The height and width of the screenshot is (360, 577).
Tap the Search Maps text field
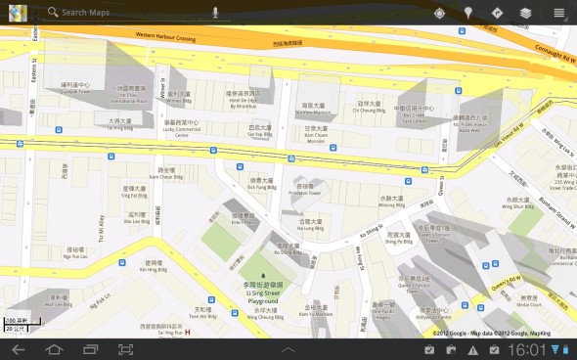point(127,13)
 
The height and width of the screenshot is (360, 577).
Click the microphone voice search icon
point(215,13)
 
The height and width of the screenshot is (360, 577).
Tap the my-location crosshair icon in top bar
point(439,13)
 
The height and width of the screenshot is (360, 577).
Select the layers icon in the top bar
point(525,13)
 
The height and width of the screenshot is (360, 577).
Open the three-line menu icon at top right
point(558,13)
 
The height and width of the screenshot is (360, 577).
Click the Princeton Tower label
point(305,193)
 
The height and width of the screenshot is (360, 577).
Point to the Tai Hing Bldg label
point(119,127)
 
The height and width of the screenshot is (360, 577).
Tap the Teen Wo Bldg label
point(202,316)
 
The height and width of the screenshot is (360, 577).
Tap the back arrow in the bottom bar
point(18,349)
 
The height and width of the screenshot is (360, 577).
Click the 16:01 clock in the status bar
point(527,349)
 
